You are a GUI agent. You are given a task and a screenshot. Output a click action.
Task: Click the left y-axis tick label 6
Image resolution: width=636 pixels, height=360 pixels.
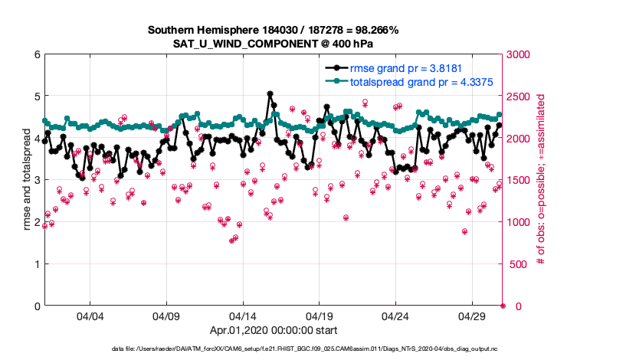[x=37, y=54]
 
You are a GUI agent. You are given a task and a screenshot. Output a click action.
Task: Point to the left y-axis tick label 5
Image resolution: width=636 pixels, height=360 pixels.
[x=37, y=97]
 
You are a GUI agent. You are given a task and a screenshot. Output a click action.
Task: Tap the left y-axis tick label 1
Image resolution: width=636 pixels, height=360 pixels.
[x=37, y=264]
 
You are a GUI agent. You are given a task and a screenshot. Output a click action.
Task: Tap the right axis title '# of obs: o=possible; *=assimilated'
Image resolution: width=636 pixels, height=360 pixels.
[x=541, y=180]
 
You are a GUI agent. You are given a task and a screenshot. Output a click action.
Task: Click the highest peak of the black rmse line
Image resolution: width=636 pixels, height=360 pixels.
[x=270, y=93]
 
